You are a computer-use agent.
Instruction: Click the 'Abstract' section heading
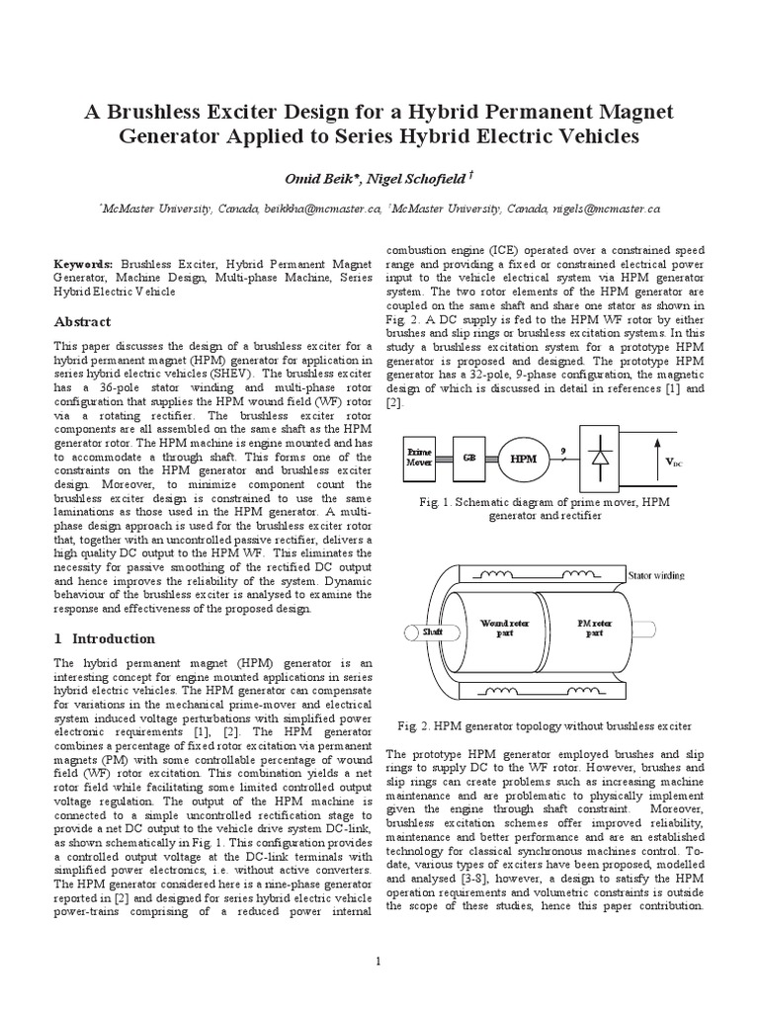[82, 322]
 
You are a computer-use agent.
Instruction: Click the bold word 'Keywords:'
[85, 266]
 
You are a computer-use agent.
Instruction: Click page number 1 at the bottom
[379, 961]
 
